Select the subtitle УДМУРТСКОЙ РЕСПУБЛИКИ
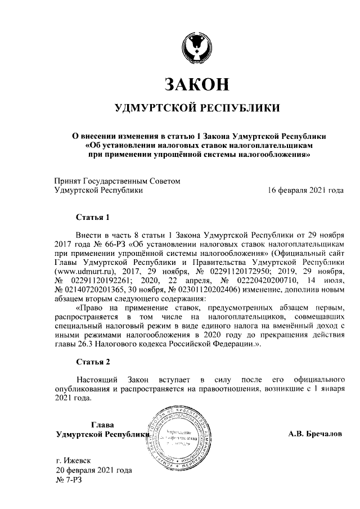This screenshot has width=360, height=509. (x=196, y=107)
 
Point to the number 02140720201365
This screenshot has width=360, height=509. (x=91, y=289)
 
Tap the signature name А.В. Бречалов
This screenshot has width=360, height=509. (x=315, y=434)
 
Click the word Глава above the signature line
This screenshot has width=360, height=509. (x=102, y=425)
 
